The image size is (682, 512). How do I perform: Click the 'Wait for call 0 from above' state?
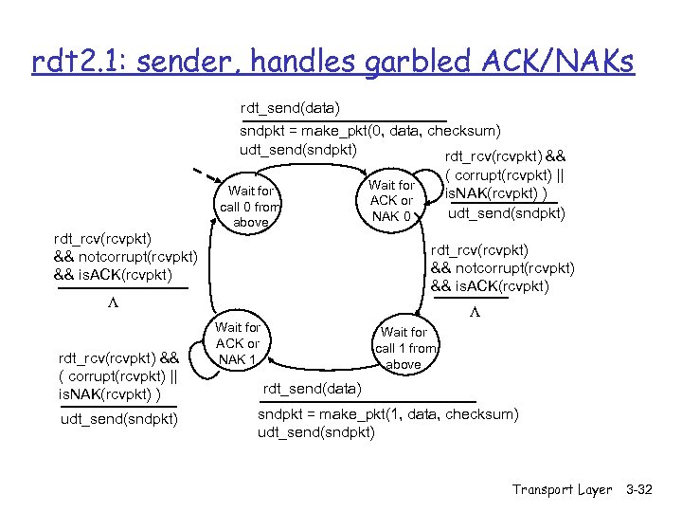point(250,207)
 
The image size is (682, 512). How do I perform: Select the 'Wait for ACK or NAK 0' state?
point(391,200)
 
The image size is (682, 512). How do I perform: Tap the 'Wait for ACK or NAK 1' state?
point(239,343)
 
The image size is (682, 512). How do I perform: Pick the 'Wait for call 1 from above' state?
point(404,347)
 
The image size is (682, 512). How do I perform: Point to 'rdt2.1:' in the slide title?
point(75,63)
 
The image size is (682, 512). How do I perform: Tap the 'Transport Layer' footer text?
point(562,489)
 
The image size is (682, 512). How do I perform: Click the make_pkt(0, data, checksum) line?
point(370,131)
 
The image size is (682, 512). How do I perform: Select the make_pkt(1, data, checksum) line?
point(388,414)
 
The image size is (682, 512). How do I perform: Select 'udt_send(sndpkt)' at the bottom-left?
point(117,418)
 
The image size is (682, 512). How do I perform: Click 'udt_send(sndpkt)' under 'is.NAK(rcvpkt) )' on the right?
point(506,212)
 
